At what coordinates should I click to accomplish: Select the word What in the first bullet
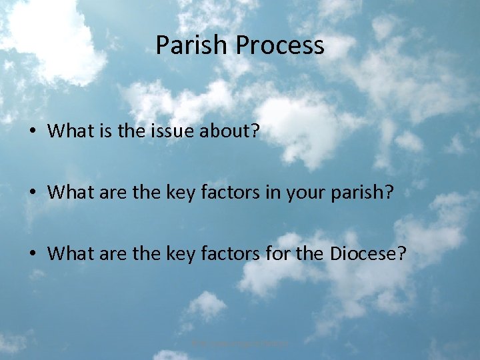coord(69,131)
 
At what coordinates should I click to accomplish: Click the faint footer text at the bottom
coord(239,343)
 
